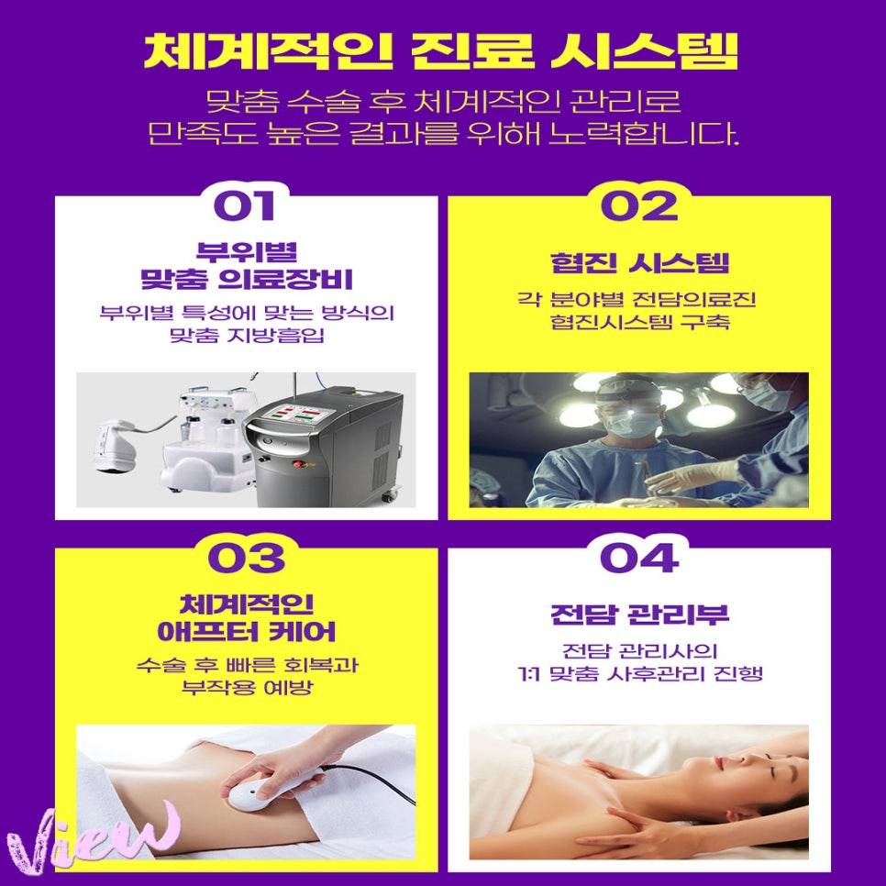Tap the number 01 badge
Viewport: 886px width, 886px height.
click(243, 204)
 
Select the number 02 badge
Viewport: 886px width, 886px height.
click(638, 205)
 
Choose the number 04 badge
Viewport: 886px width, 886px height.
click(638, 558)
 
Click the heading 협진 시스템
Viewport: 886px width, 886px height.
click(639, 264)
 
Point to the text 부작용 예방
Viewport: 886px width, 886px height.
click(245, 687)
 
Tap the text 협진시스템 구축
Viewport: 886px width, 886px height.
click(639, 323)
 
